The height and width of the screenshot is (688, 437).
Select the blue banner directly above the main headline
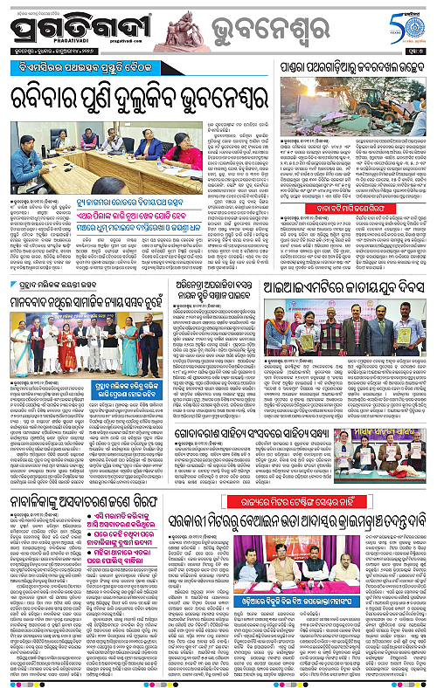[x=140, y=69]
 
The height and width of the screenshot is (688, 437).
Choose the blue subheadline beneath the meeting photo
[x=153, y=217]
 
